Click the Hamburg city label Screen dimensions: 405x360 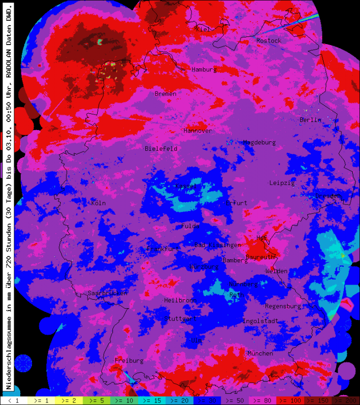click(204, 69)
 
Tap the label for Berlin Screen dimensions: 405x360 click(310, 120)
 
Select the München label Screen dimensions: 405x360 click(260, 353)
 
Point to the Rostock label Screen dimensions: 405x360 click(268, 40)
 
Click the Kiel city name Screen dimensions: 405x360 click(202, 29)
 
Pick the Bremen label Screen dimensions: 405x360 click(166, 94)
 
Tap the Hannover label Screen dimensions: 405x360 click(198, 131)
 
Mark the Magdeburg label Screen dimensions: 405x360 click(259, 143)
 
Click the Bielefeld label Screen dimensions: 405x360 click(161, 149)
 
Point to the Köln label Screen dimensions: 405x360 click(98, 203)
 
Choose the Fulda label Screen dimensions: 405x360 click(190, 226)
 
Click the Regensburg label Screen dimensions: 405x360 click(283, 306)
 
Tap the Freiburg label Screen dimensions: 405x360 click(129, 360)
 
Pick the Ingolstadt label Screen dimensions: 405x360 click(260, 321)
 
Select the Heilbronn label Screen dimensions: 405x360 click(180, 300)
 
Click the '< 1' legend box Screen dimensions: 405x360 click(14, 400)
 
